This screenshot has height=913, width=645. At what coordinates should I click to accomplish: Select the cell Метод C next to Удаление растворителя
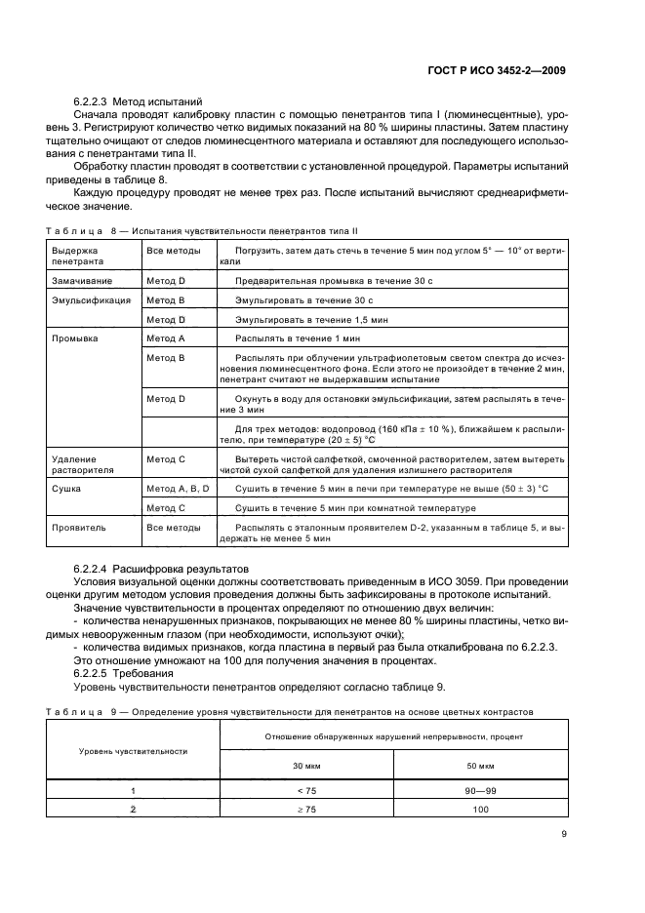click(x=166, y=458)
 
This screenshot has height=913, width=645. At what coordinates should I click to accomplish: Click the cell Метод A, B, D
click(x=179, y=490)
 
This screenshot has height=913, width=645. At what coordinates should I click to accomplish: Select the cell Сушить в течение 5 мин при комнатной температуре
click(x=355, y=508)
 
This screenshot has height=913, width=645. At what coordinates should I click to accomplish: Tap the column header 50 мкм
click(x=478, y=764)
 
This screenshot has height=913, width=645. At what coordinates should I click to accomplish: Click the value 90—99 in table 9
click(x=478, y=792)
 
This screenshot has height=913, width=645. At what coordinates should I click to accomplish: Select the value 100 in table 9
click(x=478, y=810)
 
